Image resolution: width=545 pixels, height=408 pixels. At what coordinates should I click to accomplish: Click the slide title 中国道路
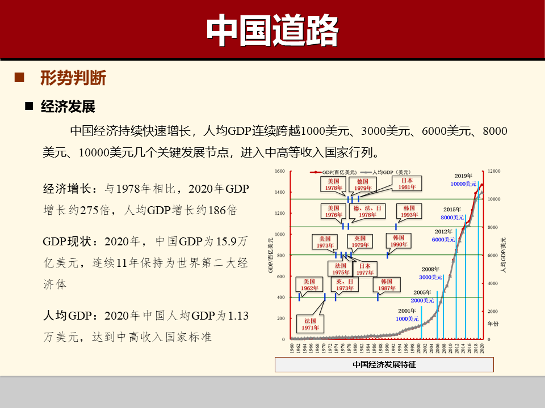tap(272, 29)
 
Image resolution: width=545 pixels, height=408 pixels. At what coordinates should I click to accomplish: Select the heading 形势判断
tap(73, 78)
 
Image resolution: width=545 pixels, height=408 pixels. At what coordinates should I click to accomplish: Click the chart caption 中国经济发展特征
tap(384, 364)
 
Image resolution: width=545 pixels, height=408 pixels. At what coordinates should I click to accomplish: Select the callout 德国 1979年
tap(363, 185)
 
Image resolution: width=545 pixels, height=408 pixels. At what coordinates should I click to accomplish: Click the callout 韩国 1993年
tap(409, 211)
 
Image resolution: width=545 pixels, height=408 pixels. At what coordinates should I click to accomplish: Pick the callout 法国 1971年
tap(310, 324)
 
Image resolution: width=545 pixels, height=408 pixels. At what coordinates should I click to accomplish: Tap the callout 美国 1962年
tap(309, 284)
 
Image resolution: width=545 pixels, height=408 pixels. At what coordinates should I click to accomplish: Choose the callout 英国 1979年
tap(360, 241)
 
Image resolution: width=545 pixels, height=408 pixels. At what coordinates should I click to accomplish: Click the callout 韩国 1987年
tap(387, 284)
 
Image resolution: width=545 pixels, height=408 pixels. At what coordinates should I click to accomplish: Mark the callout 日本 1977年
tap(364, 269)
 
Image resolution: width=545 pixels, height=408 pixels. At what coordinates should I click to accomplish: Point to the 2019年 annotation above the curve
tap(464, 176)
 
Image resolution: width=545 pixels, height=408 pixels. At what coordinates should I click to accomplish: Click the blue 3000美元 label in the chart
tap(430, 277)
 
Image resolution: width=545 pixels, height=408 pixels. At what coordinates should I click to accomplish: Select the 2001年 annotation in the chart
tap(407, 311)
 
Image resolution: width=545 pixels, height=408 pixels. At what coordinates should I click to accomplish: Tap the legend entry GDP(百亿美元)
tap(338, 172)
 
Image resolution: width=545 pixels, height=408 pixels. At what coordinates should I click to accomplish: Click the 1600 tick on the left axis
tap(279, 171)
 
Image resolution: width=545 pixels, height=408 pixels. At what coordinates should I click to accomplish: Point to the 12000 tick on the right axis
tap(494, 171)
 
